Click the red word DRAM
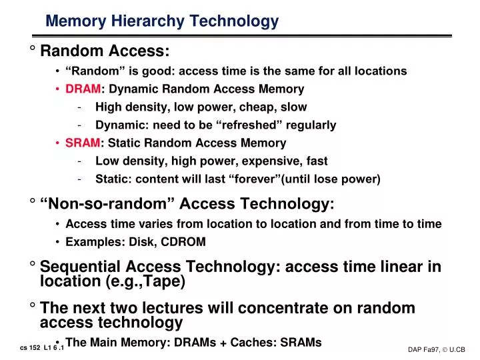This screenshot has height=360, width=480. click(x=83, y=89)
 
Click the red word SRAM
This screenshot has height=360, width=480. click(x=83, y=143)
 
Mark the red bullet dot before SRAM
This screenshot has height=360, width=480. click(x=59, y=143)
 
